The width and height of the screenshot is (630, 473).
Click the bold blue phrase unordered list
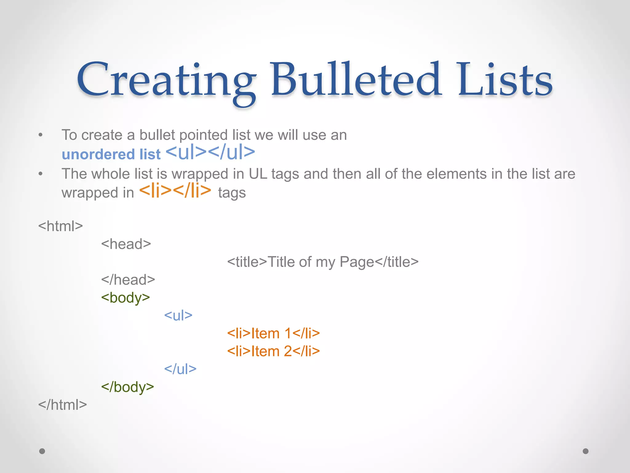[x=111, y=154]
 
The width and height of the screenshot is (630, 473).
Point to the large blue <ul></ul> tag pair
[x=210, y=152]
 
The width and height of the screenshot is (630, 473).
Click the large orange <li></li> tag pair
[x=175, y=191]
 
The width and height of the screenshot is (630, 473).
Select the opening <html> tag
[x=61, y=226]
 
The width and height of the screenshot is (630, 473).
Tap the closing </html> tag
[x=62, y=405]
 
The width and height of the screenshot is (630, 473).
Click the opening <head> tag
[x=126, y=244]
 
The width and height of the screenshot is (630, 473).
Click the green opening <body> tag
[x=126, y=298]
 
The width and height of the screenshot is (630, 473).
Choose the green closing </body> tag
[x=128, y=387]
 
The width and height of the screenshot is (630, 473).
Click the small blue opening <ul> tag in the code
[x=178, y=316]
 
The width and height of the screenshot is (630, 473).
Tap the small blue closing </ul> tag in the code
[x=180, y=369]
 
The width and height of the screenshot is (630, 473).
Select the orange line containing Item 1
[x=273, y=334]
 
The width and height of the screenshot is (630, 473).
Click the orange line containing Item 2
[x=273, y=351]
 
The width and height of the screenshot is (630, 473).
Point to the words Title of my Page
[x=321, y=262]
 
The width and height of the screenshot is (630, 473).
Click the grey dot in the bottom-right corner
[x=586, y=451]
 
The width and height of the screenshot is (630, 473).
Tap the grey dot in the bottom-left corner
[x=42, y=451]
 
